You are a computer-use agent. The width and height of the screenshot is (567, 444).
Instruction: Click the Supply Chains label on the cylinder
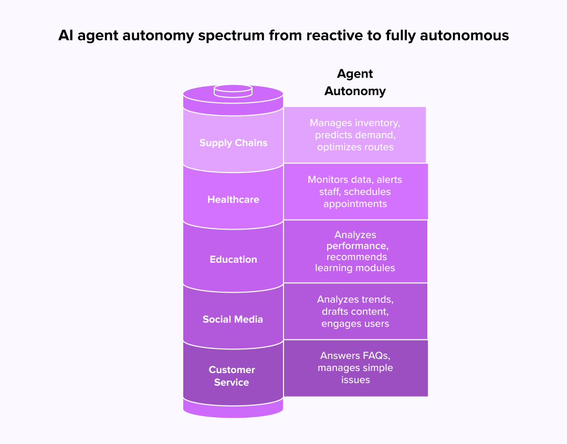coord(233,143)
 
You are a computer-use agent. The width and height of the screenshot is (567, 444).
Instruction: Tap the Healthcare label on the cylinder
coord(233,200)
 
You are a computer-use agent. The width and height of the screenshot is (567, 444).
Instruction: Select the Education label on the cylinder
coord(233,260)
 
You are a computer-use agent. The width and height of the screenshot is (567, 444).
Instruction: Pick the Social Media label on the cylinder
coord(233,319)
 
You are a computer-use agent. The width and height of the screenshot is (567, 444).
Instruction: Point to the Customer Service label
coord(232,376)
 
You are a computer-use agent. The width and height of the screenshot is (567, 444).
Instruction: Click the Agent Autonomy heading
coord(355,82)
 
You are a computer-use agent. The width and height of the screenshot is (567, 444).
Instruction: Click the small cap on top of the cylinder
coord(233,91)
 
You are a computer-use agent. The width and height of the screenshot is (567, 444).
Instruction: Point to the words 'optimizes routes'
coord(355,147)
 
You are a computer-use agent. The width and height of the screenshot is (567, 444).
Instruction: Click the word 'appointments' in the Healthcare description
coord(355,204)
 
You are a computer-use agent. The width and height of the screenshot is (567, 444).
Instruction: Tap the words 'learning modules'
coord(355,268)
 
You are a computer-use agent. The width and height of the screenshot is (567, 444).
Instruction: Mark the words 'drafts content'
coord(355,312)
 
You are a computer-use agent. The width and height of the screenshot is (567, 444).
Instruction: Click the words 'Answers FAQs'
coord(355,356)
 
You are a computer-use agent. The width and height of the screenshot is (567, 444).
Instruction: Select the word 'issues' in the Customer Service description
coord(355,380)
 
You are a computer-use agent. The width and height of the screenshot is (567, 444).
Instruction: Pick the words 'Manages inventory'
coord(355,123)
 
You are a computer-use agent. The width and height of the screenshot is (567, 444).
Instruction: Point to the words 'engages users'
coord(355,324)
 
